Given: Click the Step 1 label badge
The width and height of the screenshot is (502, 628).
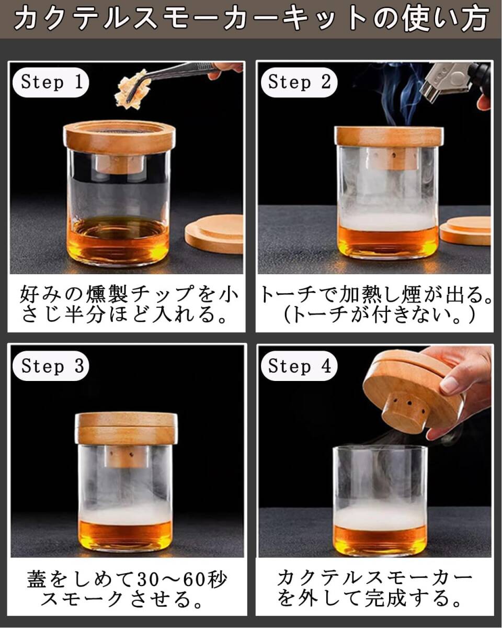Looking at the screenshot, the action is click(51, 82).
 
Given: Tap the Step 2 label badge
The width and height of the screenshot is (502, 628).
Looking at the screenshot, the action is click(299, 82).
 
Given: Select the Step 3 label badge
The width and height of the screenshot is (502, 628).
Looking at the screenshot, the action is click(51, 366).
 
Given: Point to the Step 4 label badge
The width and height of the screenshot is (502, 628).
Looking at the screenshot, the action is click(299, 366).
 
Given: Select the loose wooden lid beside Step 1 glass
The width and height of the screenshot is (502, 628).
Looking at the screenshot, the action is click(214, 233).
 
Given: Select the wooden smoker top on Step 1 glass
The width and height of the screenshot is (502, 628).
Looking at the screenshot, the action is click(119, 137).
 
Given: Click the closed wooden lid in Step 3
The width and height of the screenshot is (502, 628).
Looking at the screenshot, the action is click(126, 429).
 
